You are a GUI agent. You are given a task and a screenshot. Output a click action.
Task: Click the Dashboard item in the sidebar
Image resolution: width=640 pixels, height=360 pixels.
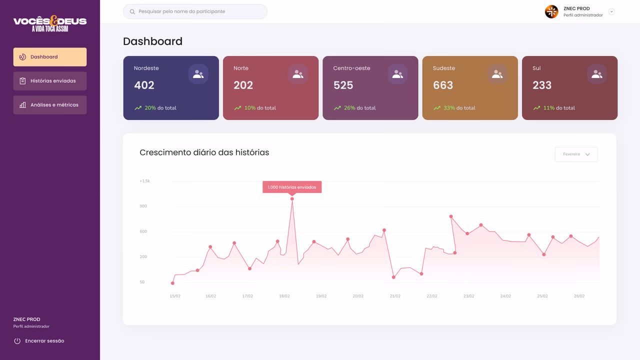(x=50, y=57)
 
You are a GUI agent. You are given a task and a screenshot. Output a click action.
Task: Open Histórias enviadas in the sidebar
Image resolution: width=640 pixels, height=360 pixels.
(x=50, y=81)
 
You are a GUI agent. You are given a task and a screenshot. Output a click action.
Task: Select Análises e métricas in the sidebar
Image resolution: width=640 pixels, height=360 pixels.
(x=50, y=105)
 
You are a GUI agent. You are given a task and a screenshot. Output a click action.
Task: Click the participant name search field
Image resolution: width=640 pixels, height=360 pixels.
(x=195, y=11)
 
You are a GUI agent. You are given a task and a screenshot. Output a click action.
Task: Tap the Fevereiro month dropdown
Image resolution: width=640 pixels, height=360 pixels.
(x=576, y=154)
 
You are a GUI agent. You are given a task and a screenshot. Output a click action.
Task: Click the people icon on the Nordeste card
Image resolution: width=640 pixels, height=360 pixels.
(x=198, y=74)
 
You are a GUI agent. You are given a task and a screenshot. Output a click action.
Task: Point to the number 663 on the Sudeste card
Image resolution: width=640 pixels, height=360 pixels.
(x=443, y=85)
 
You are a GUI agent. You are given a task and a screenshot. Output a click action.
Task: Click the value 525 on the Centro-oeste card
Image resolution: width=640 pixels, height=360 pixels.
(x=343, y=85)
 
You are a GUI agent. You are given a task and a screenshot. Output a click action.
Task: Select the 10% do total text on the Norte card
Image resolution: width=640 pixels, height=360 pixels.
(x=260, y=108)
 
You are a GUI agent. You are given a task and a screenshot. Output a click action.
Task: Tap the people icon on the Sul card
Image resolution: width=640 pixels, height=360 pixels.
(x=597, y=74)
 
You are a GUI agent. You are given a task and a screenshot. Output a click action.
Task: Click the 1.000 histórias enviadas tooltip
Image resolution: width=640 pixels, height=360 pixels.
(x=292, y=187)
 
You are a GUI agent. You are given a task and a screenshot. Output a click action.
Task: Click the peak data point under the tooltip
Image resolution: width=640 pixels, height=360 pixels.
(x=292, y=199)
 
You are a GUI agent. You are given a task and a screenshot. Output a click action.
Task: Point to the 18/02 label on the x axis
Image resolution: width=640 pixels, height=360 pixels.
(x=284, y=296)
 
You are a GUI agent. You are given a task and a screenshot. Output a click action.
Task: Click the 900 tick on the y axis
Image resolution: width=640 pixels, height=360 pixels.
(x=143, y=206)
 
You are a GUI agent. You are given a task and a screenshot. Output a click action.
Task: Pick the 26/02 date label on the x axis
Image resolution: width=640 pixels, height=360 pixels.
(x=579, y=296)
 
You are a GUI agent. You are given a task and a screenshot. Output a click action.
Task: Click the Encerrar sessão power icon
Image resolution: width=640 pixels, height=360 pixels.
(x=17, y=341)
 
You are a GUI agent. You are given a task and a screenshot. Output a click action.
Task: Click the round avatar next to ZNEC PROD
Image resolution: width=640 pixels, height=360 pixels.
(x=551, y=11)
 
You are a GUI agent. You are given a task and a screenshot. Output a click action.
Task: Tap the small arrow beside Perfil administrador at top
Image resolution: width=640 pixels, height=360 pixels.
(x=611, y=11)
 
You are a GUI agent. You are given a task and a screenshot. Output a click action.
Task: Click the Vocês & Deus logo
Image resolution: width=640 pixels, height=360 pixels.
(x=50, y=23)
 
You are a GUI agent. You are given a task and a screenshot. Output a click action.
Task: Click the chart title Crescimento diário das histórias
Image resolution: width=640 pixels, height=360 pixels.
(x=204, y=152)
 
